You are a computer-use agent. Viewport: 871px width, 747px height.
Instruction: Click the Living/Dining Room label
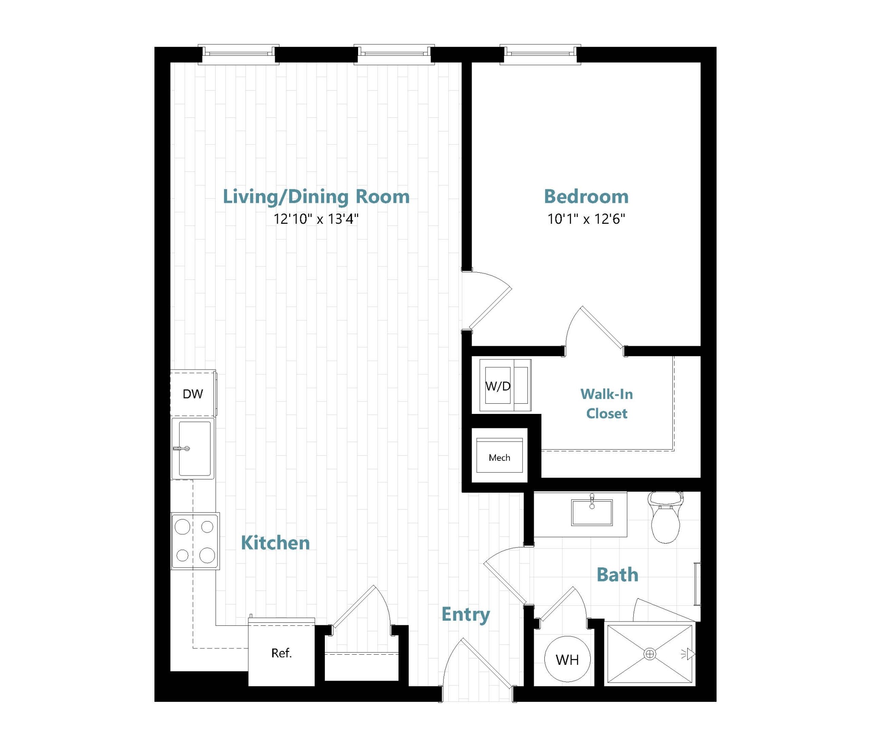tap(316, 197)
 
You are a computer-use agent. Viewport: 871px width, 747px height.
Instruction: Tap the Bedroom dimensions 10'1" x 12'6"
tap(586, 219)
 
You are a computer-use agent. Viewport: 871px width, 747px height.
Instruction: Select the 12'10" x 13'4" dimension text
tap(316, 219)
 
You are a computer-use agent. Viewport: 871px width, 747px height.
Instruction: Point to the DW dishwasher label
tap(193, 394)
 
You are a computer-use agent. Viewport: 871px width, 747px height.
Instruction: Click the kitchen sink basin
tap(195, 448)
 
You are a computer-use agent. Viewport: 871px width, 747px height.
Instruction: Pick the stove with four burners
tap(195, 541)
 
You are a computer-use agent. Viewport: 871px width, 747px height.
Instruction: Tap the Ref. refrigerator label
tap(282, 653)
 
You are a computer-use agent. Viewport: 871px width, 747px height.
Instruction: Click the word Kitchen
tap(275, 543)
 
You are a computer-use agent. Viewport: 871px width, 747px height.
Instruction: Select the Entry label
tap(465, 614)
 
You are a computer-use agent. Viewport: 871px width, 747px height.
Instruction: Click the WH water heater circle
tap(567, 659)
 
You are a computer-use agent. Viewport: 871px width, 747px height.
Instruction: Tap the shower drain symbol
tap(649, 654)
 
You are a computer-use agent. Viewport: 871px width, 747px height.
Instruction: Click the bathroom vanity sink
tap(592, 512)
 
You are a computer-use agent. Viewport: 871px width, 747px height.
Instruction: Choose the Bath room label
tap(618, 575)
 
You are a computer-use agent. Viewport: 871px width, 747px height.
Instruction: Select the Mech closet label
tap(499, 458)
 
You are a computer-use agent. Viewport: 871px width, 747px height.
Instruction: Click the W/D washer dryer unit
tap(505, 385)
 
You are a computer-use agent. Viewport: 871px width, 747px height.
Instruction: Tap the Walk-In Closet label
tap(606, 404)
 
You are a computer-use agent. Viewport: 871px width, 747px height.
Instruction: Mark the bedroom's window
tap(540, 54)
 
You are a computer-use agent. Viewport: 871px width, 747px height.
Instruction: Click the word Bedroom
tap(586, 197)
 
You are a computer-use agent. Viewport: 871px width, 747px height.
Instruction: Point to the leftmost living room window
tap(239, 54)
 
